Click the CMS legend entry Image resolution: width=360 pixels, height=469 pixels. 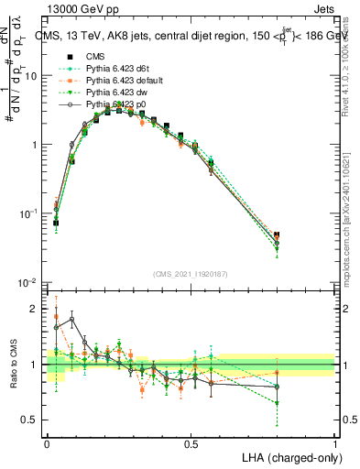coord(94,56)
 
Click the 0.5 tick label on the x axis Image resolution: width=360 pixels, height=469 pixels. coord(191,443)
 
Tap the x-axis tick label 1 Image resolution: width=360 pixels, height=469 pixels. coord(334,443)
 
